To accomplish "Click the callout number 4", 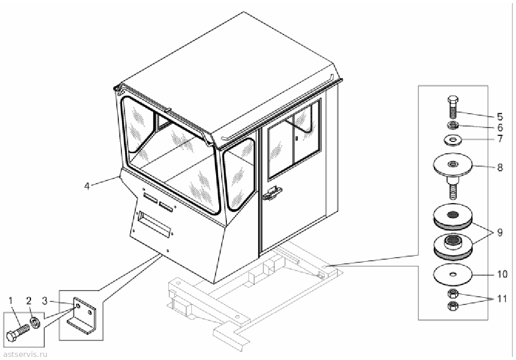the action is point(87,186).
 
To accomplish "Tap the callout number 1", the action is point(10,300).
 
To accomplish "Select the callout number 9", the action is point(500,232).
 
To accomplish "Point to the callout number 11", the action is point(502,299).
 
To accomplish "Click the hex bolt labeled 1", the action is point(17,331).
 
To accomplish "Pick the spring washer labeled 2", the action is point(35,322).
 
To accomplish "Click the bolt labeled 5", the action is point(453,107).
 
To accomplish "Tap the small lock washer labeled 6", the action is point(453,125).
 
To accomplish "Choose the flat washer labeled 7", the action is point(453,140).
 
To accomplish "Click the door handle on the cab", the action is point(272,193).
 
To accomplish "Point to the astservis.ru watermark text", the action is point(25,354).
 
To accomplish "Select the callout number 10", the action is point(502,274).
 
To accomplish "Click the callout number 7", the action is point(500,138).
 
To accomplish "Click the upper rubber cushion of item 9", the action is point(453,217).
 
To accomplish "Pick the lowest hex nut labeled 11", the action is point(453,306).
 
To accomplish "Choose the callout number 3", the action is point(44,300).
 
